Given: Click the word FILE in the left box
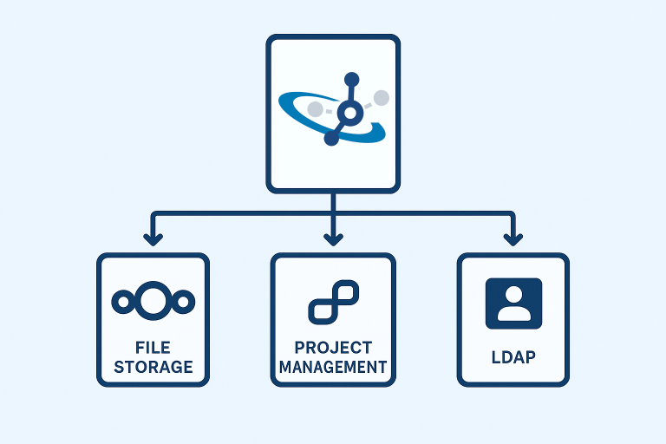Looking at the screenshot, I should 153,345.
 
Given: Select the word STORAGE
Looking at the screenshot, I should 153,366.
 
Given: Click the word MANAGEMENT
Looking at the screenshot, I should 333,367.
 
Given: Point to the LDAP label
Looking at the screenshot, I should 513,356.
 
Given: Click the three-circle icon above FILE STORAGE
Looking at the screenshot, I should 153,301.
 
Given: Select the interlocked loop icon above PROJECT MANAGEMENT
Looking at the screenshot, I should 333,302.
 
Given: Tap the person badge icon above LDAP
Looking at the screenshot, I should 513,304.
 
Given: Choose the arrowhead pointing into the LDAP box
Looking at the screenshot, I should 513,238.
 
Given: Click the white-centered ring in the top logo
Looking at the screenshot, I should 349,113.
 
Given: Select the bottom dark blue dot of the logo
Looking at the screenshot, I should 330,137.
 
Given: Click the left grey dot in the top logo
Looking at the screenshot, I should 316,109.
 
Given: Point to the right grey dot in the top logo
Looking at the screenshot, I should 380,98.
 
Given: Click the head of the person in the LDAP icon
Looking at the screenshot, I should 513,295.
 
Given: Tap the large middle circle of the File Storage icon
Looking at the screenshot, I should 153,301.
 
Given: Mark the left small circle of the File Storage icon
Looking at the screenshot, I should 122,301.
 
